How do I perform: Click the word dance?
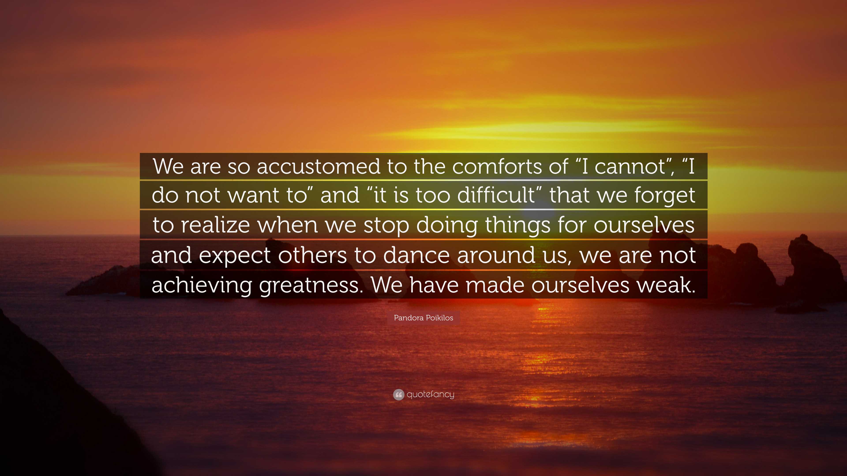coord(416,255)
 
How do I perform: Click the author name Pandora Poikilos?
coord(423,318)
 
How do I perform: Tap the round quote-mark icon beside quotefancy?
coord(399,394)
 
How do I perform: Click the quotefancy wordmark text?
coord(430,394)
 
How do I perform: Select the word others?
coord(312,255)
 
